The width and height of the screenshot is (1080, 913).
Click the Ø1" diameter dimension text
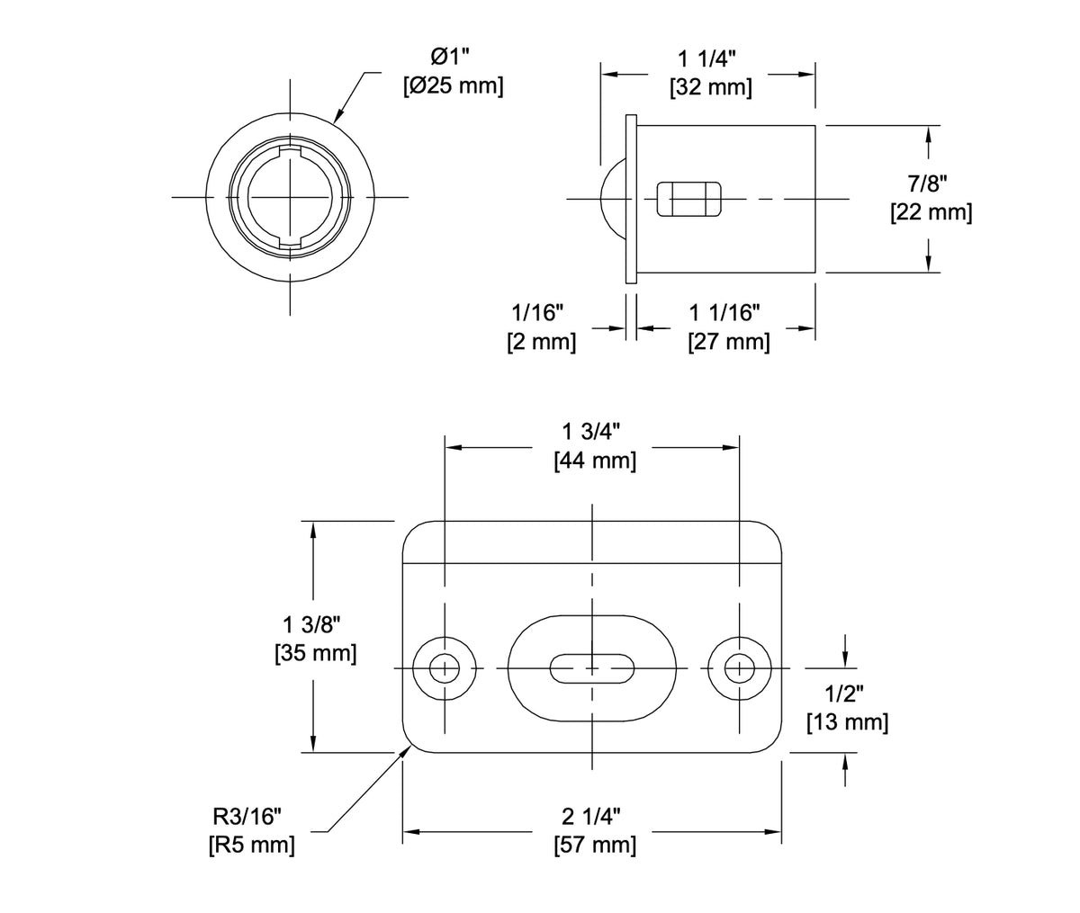tap(451, 58)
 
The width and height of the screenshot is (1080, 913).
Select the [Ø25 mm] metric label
tap(452, 87)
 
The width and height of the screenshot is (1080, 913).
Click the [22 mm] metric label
tap(930, 214)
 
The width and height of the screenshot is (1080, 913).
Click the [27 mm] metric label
tap(727, 342)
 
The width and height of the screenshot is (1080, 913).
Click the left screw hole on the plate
tap(444, 668)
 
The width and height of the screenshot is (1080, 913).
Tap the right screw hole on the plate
tap(740, 668)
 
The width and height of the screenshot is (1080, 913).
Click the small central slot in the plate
tap(590, 668)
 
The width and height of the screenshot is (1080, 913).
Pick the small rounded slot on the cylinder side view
tap(689, 199)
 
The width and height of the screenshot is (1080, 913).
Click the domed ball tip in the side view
tap(613, 198)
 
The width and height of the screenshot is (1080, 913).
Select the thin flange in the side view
tap(631, 198)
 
